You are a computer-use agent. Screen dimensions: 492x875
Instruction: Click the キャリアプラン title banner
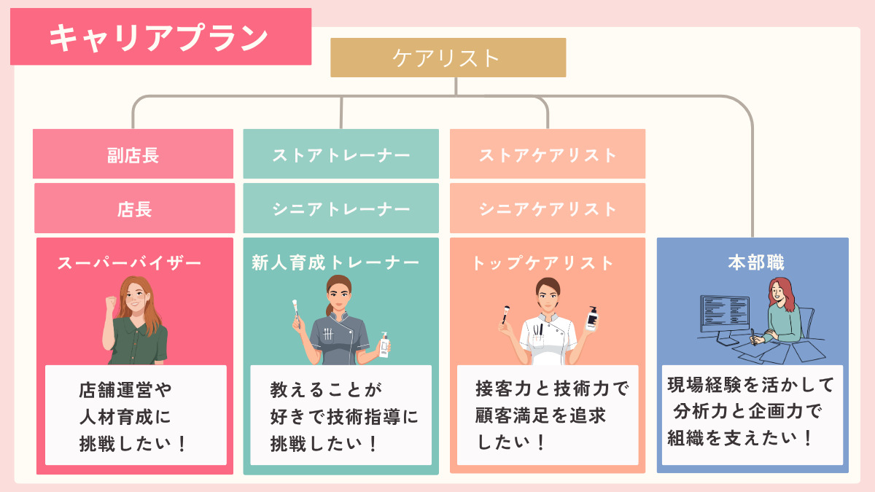160,36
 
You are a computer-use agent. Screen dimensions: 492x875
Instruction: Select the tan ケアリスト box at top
448,58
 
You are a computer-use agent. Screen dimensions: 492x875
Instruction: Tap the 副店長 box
133,155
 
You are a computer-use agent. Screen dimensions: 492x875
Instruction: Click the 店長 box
134,208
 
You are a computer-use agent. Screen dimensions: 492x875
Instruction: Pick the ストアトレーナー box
341,155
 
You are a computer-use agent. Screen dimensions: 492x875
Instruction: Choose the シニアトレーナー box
341,208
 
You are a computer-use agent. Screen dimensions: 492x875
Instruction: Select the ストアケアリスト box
548,155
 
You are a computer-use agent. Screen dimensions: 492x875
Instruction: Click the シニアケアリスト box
548,208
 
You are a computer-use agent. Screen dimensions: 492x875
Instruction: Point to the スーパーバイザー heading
130,262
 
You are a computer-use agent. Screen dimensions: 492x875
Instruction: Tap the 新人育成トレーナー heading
336,262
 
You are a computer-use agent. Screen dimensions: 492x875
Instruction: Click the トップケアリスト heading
543,262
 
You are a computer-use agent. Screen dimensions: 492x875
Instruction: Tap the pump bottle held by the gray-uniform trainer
384,345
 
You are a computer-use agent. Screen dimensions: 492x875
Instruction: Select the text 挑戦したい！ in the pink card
133,443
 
